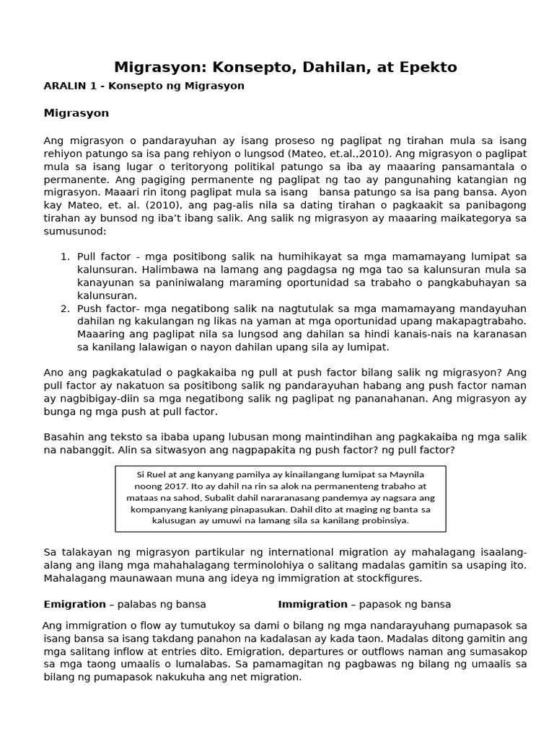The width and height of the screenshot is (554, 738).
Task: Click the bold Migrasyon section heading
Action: [76, 113]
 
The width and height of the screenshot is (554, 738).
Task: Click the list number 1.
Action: [63, 257]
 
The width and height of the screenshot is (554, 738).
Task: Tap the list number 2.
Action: [63, 308]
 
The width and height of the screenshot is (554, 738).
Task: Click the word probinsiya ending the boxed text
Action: [378, 520]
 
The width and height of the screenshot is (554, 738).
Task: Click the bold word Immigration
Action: [312, 604]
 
